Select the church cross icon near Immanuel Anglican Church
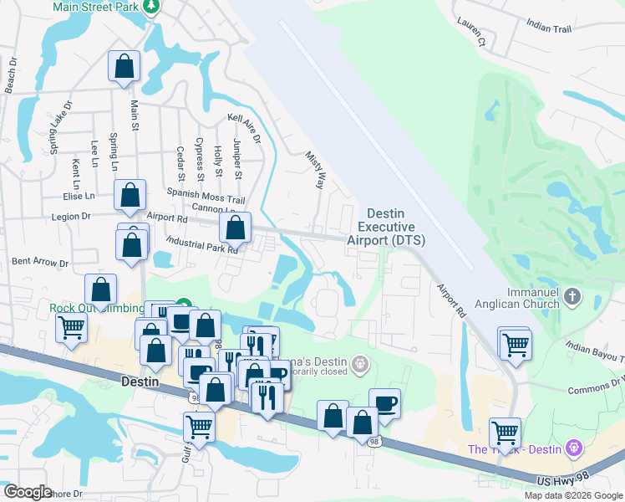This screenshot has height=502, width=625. click(572, 296)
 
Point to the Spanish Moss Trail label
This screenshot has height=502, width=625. click(206, 195)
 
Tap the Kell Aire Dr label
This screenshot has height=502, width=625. click(245, 128)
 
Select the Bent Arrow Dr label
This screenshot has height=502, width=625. click(40, 262)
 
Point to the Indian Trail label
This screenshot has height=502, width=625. click(550, 28)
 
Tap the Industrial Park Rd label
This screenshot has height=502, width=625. click(201, 243)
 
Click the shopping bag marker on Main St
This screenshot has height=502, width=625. click(124, 68)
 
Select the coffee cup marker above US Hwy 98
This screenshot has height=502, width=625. click(384, 403)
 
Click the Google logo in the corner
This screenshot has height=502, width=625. click(27, 492)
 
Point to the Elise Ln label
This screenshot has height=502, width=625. click(78, 197)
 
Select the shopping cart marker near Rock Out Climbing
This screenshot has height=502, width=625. click(72, 327)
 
